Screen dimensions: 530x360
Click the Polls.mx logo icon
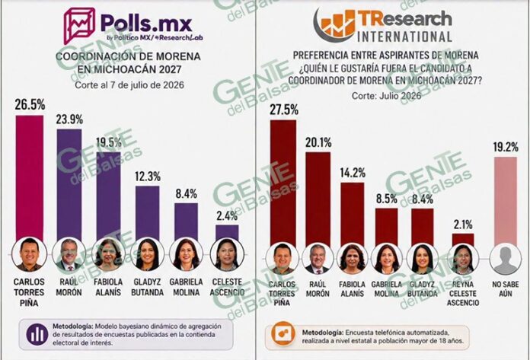pyautogui.click(x=79, y=26)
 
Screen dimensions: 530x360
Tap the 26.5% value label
pyautogui.click(x=30, y=104)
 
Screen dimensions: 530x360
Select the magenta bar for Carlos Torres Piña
pyautogui.click(x=30, y=178)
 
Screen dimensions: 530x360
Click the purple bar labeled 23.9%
pyautogui.click(x=69, y=185)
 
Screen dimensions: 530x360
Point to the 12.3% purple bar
pyautogui.click(x=148, y=213)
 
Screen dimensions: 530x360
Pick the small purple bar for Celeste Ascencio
pyautogui.click(x=227, y=233)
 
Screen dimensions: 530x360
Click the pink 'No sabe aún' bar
pyautogui.click(x=506, y=202)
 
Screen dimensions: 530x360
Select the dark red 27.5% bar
pyautogui.click(x=283, y=184)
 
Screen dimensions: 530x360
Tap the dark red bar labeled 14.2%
pyautogui.click(x=353, y=215)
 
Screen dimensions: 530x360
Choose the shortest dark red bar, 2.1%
pyautogui.click(x=463, y=241)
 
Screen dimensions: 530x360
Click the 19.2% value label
pyautogui.click(x=506, y=147)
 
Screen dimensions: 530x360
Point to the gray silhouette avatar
pyautogui.click(x=506, y=260)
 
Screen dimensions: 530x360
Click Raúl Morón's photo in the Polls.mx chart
pyautogui.click(x=69, y=254)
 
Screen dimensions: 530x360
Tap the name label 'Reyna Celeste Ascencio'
pyautogui.click(x=463, y=294)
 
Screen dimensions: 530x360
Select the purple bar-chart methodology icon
pyautogui.click(x=37, y=334)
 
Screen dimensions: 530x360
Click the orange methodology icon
pyautogui.click(x=283, y=333)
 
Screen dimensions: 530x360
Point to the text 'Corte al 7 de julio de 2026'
pyautogui.click(x=129, y=84)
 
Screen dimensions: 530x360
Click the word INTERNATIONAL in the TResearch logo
pyautogui.click(x=404, y=37)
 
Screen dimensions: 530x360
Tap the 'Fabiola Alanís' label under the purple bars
pyautogui.click(x=108, y=287)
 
